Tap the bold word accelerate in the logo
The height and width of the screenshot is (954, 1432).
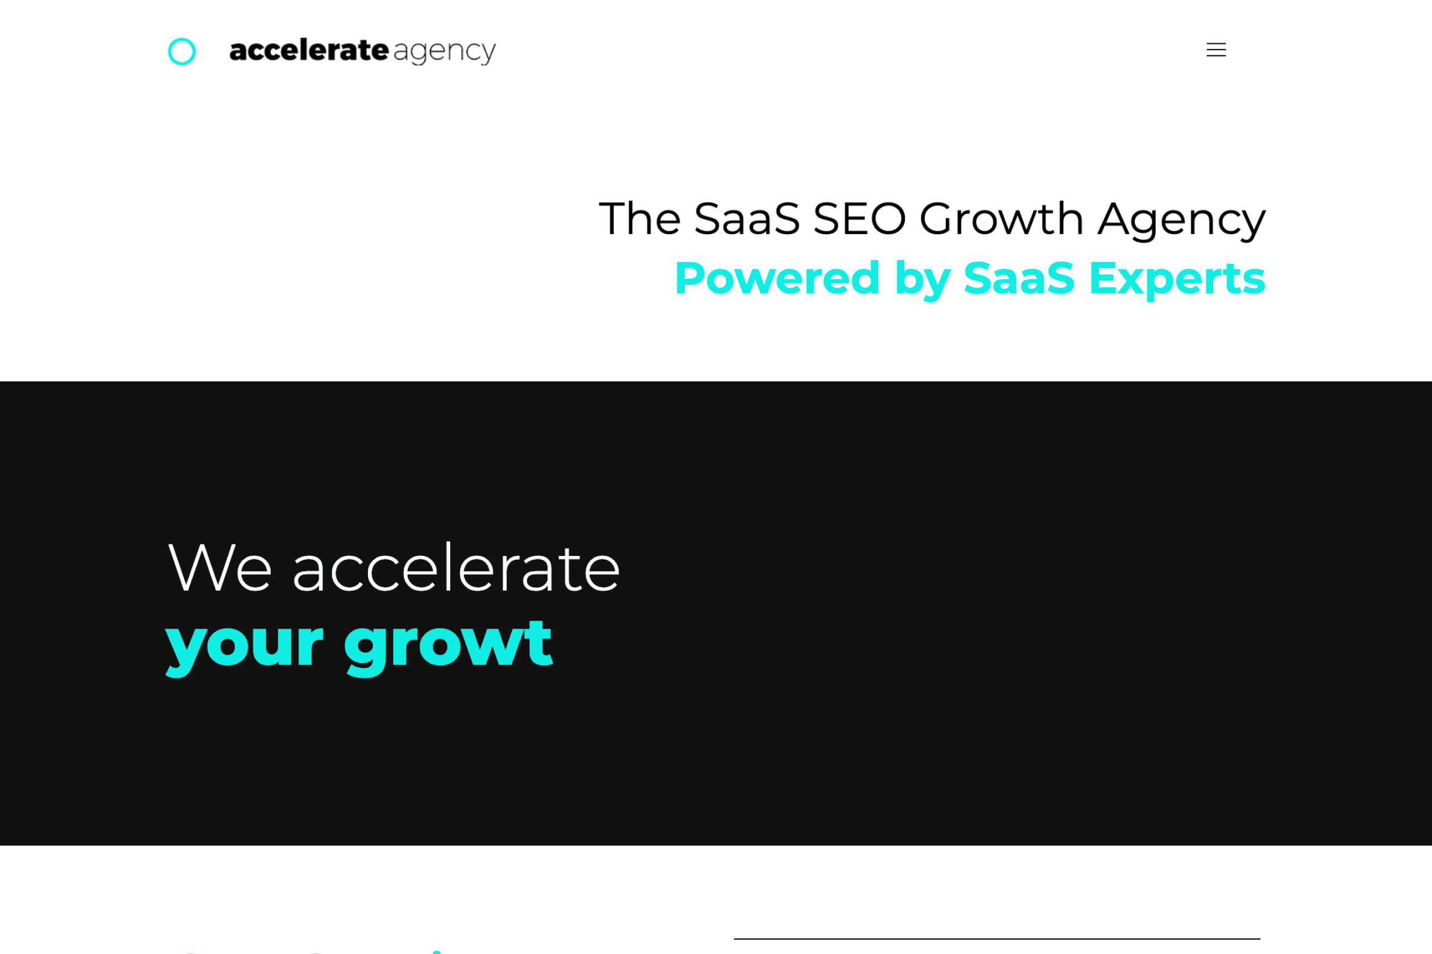tap(309, 50)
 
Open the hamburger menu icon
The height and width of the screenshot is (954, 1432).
tap(1216, 50)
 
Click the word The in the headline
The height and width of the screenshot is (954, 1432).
tap(640, 219)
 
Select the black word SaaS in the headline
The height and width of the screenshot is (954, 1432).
tap(746, 219)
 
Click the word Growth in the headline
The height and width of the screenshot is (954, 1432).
tap(1002, 219)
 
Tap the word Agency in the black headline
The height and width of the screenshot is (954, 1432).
tap(1182, 221)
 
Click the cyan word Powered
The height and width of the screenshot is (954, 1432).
tap(777, 278)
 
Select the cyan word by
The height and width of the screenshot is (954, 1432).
tap(923, 280)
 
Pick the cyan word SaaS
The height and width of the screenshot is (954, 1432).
tap(1019, 278)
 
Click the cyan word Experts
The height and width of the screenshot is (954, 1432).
tap(1177, 280)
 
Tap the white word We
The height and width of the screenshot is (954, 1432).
tap(220, 568)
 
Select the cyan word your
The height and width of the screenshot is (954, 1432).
tap(244, 649)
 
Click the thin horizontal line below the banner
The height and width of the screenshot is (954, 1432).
tap(997, 939)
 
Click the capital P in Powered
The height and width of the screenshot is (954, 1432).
tap(691, 278)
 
